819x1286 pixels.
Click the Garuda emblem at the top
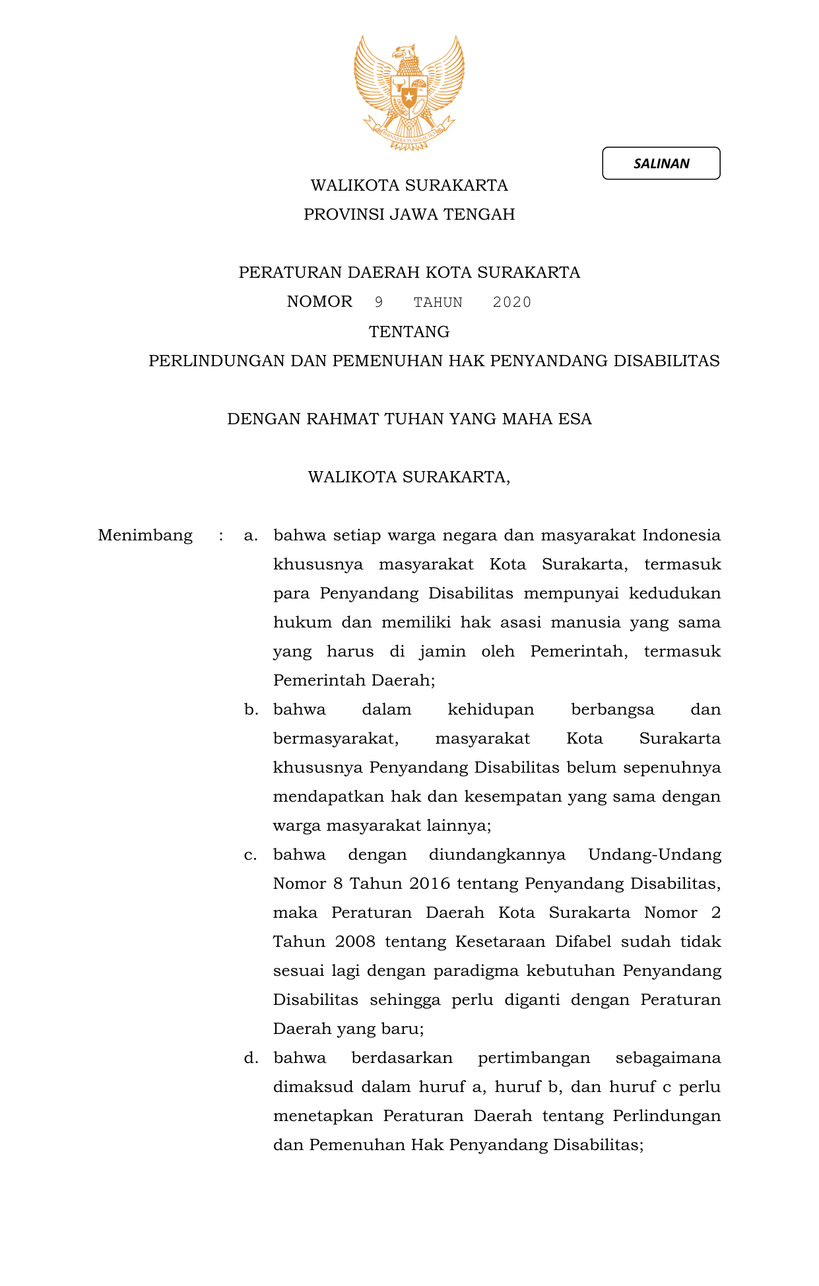(409, 92)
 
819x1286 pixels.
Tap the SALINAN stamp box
(661, 164)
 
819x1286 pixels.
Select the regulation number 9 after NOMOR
(379, 302)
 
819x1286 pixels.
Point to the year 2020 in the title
(512, 302)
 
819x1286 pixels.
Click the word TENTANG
(409, 331)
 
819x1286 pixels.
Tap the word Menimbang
(145, 535)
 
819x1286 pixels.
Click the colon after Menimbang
(221, 536)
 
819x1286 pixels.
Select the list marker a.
(250, 535)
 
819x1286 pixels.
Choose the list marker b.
(251, 709)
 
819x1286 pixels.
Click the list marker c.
(250, 855)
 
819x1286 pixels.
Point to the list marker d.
(251, 1058)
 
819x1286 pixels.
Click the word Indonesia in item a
(681, 535)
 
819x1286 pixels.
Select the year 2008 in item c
(355, 942)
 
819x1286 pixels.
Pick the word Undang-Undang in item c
(654, 855)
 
